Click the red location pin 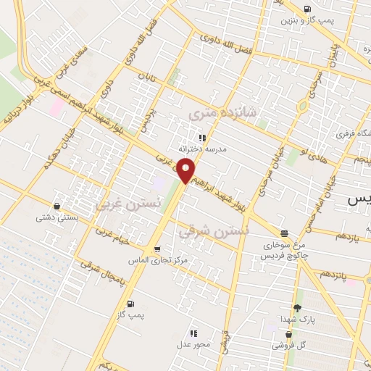coord(185,171)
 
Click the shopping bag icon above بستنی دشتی coord(57,206)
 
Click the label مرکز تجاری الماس coord(162,259)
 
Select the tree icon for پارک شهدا coord(298,308)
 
